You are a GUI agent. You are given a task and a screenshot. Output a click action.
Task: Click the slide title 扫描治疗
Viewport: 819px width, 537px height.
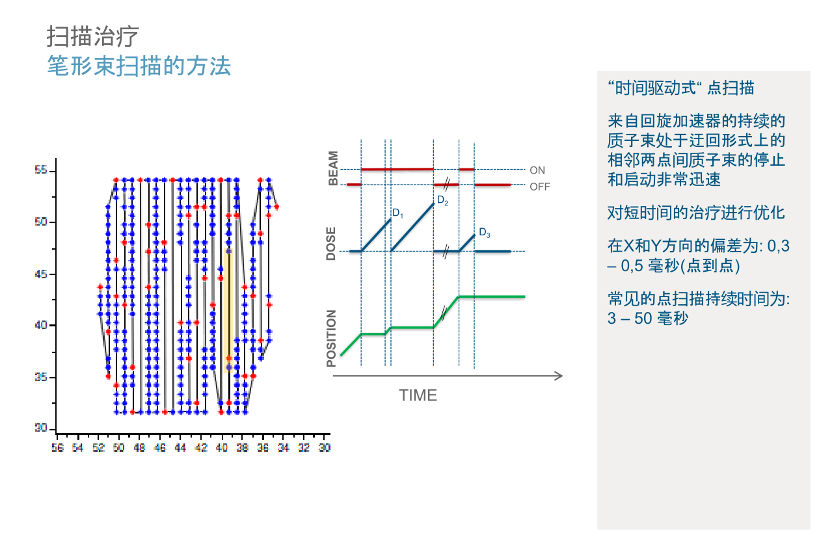(x=92, y=36)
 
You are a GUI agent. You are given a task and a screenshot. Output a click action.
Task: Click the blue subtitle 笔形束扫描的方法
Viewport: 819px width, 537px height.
(x=139, y=66)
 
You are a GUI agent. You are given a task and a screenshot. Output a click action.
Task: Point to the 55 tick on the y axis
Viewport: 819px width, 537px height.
(x=41, y=170)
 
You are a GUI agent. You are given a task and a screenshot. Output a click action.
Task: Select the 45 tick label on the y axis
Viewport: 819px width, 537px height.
(x=41, y=274)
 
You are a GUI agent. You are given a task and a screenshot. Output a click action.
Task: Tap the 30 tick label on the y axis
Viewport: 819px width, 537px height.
(x=41, y=428)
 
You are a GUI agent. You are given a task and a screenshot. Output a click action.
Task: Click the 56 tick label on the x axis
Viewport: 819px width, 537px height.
(x=57, y=447)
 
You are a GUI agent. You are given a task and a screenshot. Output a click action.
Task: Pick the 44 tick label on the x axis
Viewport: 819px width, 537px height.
(x=180, y=447)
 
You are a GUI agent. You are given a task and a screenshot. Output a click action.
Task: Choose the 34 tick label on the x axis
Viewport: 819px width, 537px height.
(x=284, y=447)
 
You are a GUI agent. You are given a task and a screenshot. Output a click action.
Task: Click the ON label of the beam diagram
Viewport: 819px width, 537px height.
(x=537, y=170)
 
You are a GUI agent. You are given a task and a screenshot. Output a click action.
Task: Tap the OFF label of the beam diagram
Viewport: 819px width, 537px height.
(x=540, y=187)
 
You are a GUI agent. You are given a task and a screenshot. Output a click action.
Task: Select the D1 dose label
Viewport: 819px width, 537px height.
(x=397, y=213)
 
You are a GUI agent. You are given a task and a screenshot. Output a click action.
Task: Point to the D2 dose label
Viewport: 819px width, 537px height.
(x=443, y=200)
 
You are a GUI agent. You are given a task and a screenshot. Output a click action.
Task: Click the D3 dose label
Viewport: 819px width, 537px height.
(x=485, y=233)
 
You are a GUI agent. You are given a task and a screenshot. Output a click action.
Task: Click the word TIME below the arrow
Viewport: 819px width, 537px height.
(x=418, y=395)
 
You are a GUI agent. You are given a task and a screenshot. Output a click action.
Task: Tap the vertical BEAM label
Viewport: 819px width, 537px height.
(x=333, y=168)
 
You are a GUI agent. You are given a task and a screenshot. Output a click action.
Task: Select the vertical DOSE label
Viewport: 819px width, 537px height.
(x=331, y=243)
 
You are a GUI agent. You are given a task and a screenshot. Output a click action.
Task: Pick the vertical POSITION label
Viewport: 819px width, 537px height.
(x=331, y=338)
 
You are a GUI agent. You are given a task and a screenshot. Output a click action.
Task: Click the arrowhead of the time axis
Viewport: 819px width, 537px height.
(x=559, y=376)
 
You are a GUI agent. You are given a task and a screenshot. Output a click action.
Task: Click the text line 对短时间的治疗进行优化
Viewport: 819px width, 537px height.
(x=696, y=213)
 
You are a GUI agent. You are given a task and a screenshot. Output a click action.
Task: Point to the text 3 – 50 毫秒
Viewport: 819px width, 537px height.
(x=647, y=318)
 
